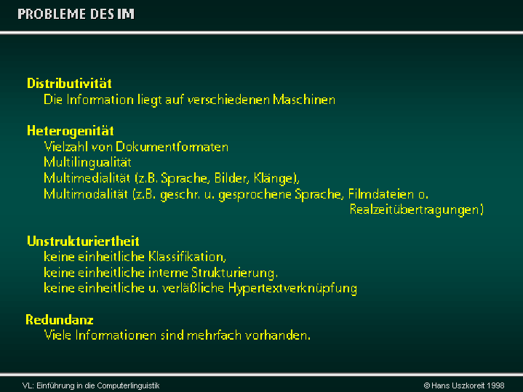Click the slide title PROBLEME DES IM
click(76, 14)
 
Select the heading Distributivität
click(69, 84)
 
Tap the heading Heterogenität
click(71, 131)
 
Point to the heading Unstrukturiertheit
click(83, 241)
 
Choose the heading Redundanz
click(60, 319)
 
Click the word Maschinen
click(304, 100)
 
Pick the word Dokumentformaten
click(172, 147)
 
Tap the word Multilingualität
click(88, 162)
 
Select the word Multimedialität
click(87, 178)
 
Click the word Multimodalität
click(86, 194)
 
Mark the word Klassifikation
click(186, 257)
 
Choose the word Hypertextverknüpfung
click(292, 289)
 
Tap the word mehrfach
click(214, 335)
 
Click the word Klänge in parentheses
click(274, 178)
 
